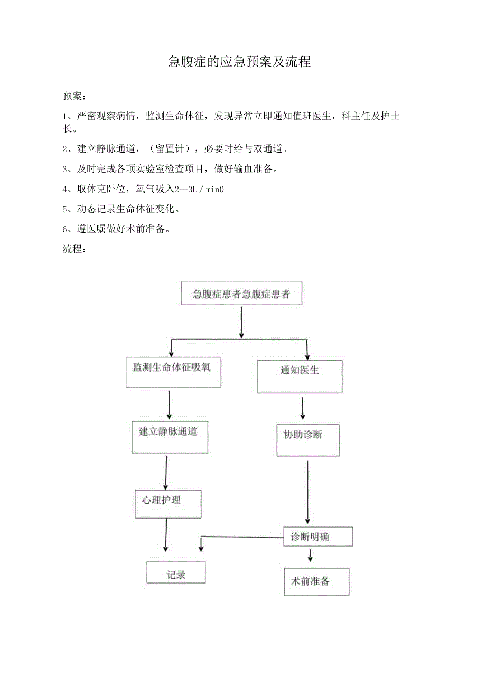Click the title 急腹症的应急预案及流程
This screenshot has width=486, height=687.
[x=239, y=62]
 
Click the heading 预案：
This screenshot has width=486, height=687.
[x=75, y=96]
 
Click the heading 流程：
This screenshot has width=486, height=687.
[x=75, y=249]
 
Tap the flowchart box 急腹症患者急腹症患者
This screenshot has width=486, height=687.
[x=241, y=294]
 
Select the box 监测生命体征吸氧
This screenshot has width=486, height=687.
[x=173, y=372]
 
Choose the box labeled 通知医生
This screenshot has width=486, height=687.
[x=300, y=376]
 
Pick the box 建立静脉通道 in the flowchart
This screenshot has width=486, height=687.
[x=170, y=437]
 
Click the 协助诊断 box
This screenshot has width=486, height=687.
[x=307, y=440]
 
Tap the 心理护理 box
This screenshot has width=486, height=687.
[x=168, y=504]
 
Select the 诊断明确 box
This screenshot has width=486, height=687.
[x=317, y=537]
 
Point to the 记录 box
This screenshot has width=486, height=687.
[x=176, y=573]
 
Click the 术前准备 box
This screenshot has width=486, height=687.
[x=316, y=581]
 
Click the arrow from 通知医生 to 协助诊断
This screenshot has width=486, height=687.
[x=303, y=408]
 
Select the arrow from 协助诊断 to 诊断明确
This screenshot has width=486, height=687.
[x=308, y=492]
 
